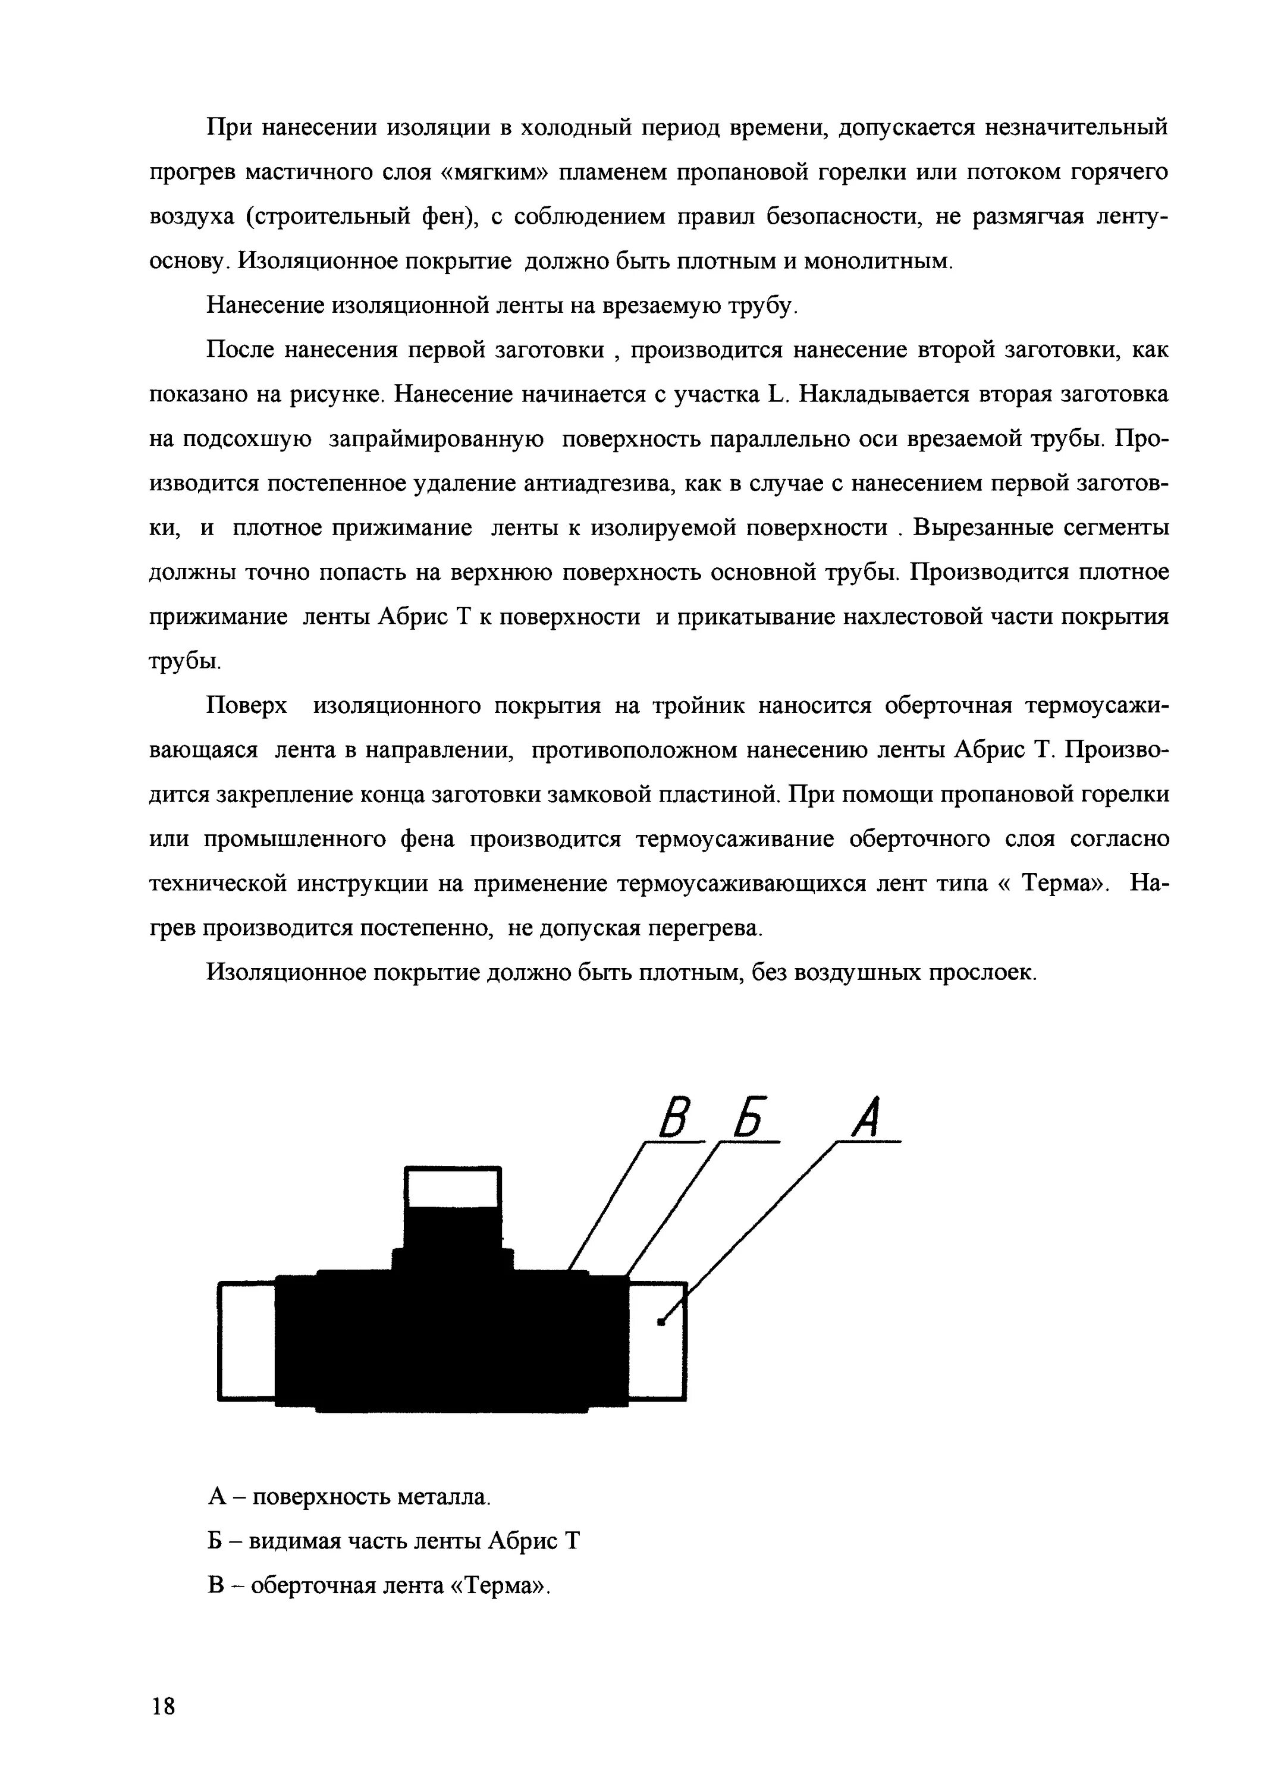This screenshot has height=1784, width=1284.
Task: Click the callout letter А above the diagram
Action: tap(865, 1118)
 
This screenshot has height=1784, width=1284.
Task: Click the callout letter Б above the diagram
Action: tap(749, 1118)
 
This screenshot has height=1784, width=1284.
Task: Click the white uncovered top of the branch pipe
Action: tap(453, 1187)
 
